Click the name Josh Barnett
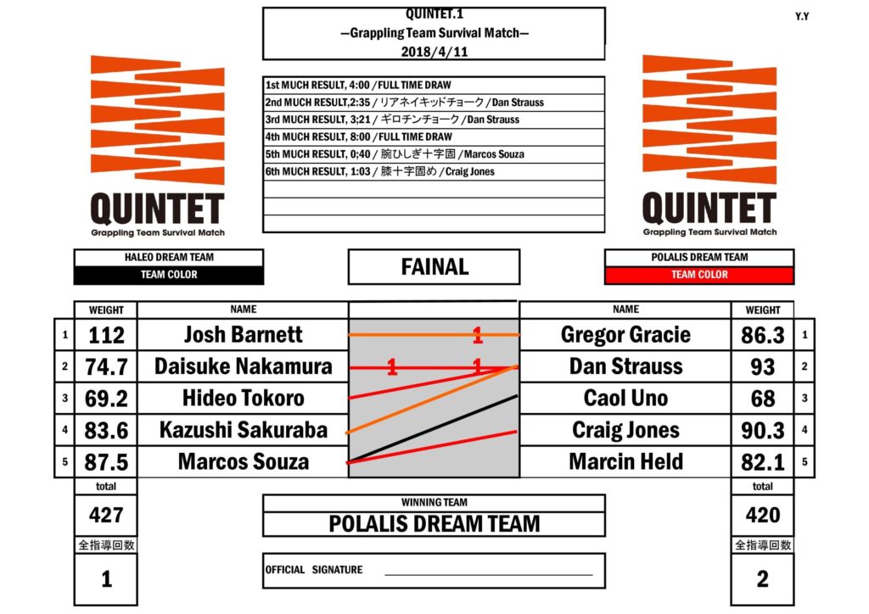pyautogui.click(x=242, y=334)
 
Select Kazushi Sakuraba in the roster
pyautogui.click(x=243, y=430)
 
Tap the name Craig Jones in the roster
pyautogui.click(x=625, y=430)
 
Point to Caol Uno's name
pyautogui.click(x=625, y=398)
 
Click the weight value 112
pyautogui.click(x=106, y=335)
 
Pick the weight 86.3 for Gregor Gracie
pyautogui.click(x=762, y=335)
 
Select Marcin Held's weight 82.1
pyautogui.click(x=762, y=462)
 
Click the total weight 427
pyautogui.click(x=106, y=515)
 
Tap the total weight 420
pyautogui.click(x=762, y=515)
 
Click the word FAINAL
pyautogui.click(x=434, y=267)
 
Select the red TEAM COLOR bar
pyautogui.click(x=699, y=275)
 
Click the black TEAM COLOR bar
pyautogui.click(x=169, y=275)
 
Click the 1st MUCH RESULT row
pyautogui.click(x=358, y=86)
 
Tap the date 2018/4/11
pyautogui.click(x=434, y=50)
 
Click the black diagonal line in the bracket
pyautogui.click(x=433, y=428)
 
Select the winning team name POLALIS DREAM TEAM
pyautogui.click(x=434, y=523)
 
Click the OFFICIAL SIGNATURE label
pyautogui.click(x=313, y=570)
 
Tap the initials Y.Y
pyautogui.click(x=801, y=16)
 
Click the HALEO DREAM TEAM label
pyautogui.click(x=169, y=257)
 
